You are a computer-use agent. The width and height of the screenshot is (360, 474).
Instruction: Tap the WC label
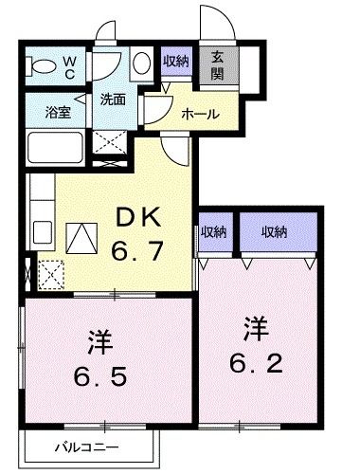[x=71, y=66]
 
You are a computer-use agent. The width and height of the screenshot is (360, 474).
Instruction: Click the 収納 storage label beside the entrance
[x=174, y=61]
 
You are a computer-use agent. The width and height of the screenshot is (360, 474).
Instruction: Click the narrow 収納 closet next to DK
[x=212, y=230]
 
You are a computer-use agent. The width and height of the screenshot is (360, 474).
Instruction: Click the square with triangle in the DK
[x=82, y=236]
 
